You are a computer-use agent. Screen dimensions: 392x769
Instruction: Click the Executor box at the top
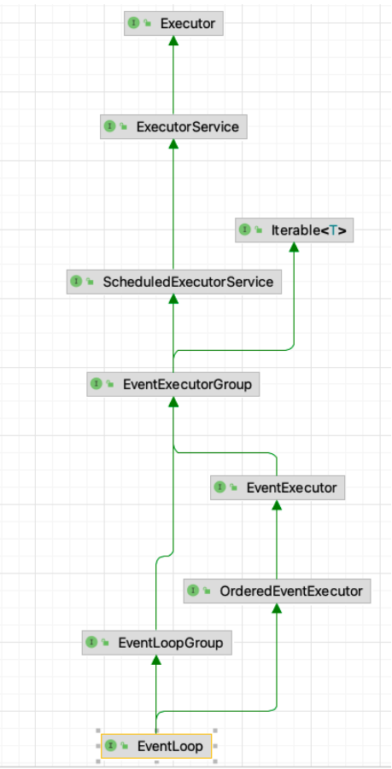173,23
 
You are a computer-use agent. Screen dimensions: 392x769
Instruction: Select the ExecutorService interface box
173,126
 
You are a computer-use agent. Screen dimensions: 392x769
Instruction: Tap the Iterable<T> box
295,230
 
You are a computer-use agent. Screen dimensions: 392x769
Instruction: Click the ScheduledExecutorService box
174,282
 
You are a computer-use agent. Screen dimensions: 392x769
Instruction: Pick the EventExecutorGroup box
173,384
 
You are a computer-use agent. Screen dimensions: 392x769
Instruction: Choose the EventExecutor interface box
278,487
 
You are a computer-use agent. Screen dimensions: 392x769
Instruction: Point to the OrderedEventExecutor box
278,591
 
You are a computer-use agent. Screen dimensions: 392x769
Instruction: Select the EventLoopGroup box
156,643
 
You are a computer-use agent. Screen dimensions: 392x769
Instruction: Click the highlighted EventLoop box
156,746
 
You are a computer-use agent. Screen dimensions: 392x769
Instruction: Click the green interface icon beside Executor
133,23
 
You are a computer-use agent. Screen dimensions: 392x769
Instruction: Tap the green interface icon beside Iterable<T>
244,230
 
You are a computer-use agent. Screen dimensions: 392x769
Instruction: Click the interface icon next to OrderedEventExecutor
193,590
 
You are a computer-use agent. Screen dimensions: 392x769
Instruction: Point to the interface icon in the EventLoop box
110,745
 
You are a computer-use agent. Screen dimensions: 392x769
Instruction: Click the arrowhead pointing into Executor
173,41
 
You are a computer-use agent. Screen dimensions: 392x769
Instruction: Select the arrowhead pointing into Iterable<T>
294,248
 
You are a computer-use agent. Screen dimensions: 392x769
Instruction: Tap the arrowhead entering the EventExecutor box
277,505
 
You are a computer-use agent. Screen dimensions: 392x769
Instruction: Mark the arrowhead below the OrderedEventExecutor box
277,609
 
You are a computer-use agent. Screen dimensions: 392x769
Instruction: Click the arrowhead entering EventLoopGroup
156,660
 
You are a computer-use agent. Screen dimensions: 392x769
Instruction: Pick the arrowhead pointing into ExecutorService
173,144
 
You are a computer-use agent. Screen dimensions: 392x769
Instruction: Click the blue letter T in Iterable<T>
333,230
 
